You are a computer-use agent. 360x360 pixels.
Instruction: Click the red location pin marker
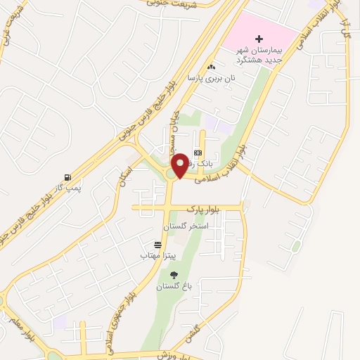[180, 165]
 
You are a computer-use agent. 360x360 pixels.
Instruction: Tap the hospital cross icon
[259, 39]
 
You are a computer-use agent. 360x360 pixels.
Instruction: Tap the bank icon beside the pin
[198, 153]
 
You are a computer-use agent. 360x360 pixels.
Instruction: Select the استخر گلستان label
[184, 227]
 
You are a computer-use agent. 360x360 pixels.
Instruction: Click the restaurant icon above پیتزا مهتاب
[157, 245]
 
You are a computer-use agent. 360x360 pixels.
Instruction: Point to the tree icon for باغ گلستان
[174, 275]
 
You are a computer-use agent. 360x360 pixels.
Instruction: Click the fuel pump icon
[67, 176]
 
